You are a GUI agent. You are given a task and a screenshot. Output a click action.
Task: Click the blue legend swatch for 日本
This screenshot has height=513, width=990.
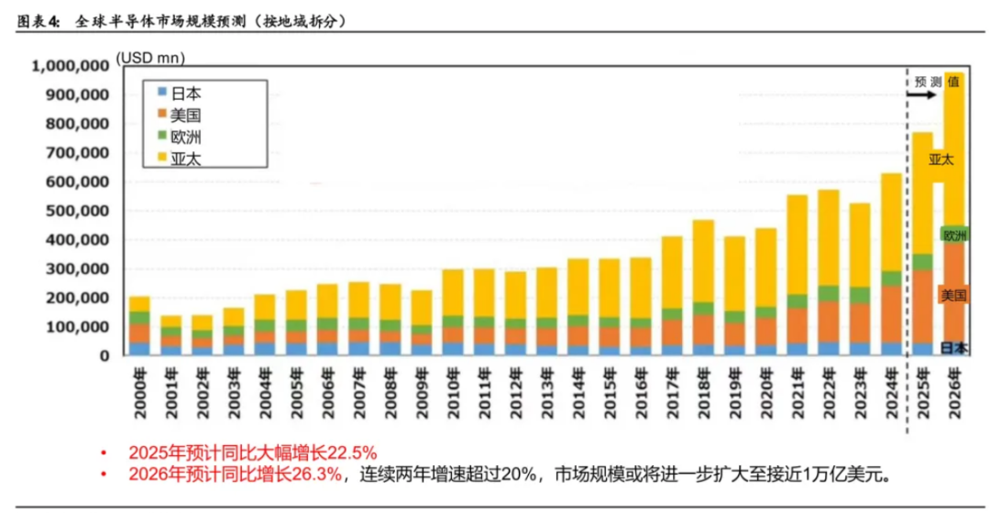pyautogui.click(x=162, y=93)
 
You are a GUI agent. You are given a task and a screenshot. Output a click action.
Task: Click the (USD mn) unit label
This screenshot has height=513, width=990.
pyautogui.click(x=150, y=59)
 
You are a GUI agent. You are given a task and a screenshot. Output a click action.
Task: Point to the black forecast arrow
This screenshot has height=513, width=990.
pyautogui.click(x=924, y=94)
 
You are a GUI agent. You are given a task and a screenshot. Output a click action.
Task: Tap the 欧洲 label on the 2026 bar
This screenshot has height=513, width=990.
pyautogui.click(x=954, y=235)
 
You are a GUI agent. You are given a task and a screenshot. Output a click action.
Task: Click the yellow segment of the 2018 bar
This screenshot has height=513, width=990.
pyautogui.click(x=703, y=261)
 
